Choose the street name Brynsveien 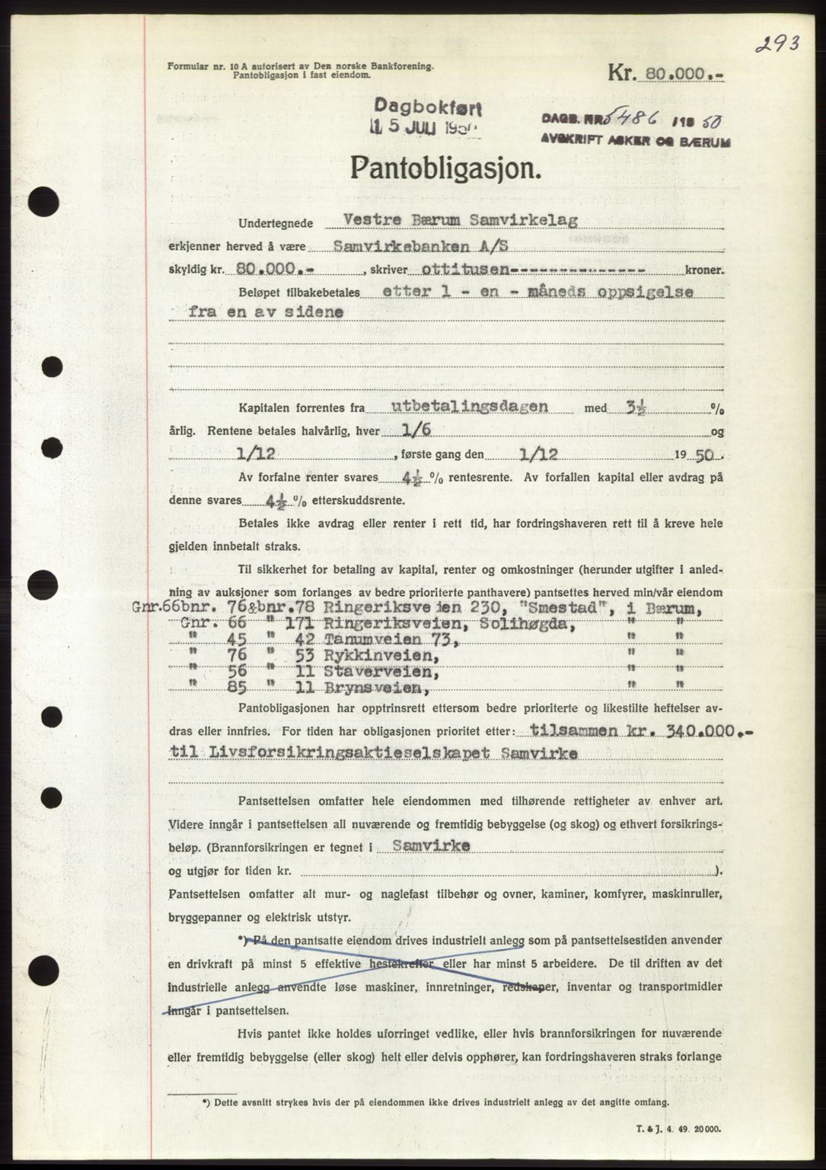[x=378, y=688]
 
